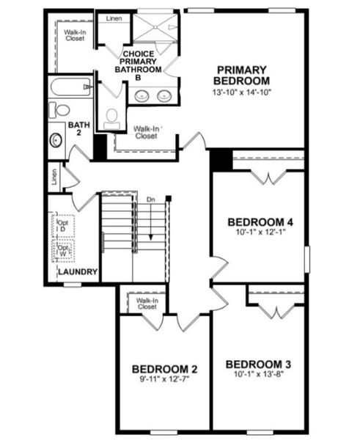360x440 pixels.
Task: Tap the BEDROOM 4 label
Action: click(260, 222)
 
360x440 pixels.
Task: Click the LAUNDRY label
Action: click(78, 272)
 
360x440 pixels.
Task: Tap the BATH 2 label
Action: click(78, 129)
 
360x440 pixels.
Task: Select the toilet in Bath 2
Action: click(60, 111)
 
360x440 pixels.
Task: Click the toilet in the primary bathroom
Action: click(112, 117)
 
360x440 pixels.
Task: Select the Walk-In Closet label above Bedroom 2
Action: click(147, 304)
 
